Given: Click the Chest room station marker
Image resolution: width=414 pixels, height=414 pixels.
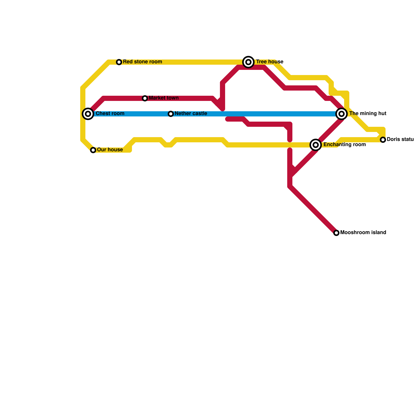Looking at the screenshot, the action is tap(88, 114).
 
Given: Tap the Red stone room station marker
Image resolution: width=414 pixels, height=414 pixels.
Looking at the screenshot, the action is tap(119, 62).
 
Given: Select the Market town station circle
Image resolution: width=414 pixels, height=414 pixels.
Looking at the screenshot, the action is tap(145, 98).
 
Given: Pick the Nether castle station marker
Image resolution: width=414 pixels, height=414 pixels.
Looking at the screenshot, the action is tap(171, 114).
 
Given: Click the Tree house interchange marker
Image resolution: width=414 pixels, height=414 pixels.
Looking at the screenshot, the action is tap(248, 62).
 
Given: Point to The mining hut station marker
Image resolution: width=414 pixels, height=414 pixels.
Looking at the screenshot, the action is tap(342, 114).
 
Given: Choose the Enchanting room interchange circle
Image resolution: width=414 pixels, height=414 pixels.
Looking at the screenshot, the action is tap(316, 145).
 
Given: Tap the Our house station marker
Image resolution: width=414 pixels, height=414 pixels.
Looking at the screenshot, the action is tap(93, 150).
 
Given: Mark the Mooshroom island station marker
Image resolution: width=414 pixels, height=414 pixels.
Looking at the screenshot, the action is tap(336, 233).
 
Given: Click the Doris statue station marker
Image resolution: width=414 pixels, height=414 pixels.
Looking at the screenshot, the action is tap(383, 140).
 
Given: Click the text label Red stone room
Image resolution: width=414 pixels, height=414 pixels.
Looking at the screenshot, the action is tap(142, 62).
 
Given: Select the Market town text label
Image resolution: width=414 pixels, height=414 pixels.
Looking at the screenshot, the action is tap(164, 98).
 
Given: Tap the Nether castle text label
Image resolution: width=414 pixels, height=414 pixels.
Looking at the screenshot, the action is tap(191, 114).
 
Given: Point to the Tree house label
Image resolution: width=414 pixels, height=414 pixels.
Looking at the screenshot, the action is tap(270, 62).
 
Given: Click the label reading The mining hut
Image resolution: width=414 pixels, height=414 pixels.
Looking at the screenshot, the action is tap(368, 114).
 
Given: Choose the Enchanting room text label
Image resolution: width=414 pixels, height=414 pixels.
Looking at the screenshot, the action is tap(344, 145).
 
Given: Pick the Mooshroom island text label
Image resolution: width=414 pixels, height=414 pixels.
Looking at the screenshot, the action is tap(363, 233).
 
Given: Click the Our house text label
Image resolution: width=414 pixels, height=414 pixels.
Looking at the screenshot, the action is tap(110, 150).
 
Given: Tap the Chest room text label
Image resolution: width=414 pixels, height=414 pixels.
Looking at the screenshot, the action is tap(110, 114).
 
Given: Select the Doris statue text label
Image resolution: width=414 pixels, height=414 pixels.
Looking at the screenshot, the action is tap(400, 139).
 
